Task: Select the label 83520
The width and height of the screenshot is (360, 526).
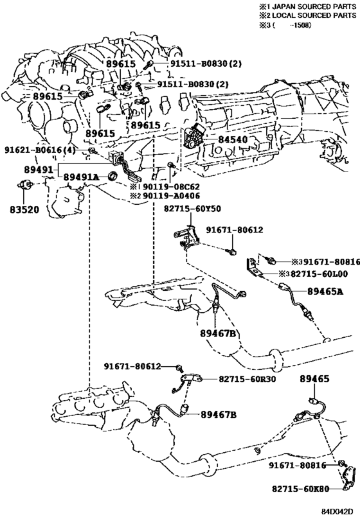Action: click(x=24, y=210)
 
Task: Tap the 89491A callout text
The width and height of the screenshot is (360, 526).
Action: click(x=81, y=176)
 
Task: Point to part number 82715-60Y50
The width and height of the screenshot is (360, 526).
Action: click(x=192, y=209)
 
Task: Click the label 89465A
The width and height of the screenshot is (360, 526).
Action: click(x=325, y=291)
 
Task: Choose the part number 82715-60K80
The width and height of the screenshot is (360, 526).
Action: click(x=301, y=489)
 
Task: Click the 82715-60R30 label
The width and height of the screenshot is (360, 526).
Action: click(x=248, y=379)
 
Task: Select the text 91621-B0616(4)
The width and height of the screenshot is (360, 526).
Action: click(x=40, y=150)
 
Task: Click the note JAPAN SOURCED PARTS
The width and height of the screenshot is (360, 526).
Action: click(x=314, y=6)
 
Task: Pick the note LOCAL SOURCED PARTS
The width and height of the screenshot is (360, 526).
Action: click(x=314, y=15)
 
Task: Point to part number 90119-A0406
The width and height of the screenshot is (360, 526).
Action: click(x=171, y=196)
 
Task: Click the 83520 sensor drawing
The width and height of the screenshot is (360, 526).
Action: click(x=25, y=184)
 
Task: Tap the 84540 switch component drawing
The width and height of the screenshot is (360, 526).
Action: click(x=194, y=137)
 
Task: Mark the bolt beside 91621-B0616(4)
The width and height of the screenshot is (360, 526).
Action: click(x=91, y=151)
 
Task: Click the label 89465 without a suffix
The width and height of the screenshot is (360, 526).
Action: click(x=314, y=379)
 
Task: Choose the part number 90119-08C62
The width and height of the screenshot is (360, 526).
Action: click(x=171, y=186)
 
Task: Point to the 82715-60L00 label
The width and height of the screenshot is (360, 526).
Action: click(x=319, y=274)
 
